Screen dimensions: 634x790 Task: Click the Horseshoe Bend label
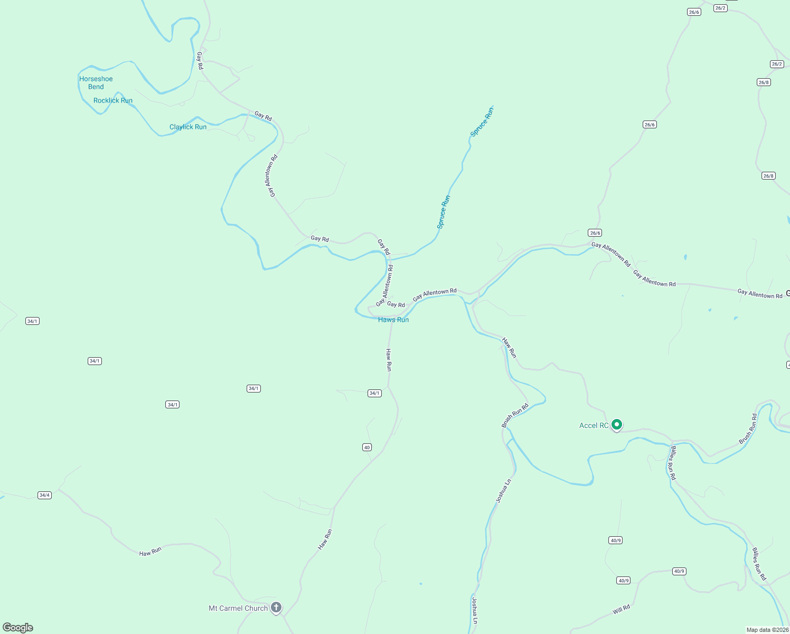[x=96, y=83]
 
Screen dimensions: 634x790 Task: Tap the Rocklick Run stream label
[x=113, y=100]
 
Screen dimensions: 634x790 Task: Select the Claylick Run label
[x=188, y=127]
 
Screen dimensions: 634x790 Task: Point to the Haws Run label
[x=393, y=320]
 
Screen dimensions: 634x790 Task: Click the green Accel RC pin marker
[x=616, y=424]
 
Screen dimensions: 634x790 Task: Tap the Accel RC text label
[x=594, y=425]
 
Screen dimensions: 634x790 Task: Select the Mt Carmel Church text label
[x=238, y=608]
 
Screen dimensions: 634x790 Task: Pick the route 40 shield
[x=367, y=447]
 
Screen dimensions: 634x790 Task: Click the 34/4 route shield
[x=44, y=495]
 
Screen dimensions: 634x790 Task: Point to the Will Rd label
[x=622, y=609]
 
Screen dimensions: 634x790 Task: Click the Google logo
[x=18, y=628]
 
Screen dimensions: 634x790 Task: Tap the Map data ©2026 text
[x=767, y=630]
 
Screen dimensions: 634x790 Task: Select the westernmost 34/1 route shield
[x=32, y=321]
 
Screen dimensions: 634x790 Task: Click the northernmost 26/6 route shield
[x=694, y=12]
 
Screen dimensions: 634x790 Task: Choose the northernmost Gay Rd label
[x=200, y=60]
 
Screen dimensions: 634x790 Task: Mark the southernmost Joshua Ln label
[x=474, y=610]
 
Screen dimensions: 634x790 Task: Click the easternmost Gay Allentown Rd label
[x=760, y=294]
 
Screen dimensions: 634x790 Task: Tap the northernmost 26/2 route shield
[x=720, y=8]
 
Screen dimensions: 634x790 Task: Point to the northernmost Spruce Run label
[x=482, y=122]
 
